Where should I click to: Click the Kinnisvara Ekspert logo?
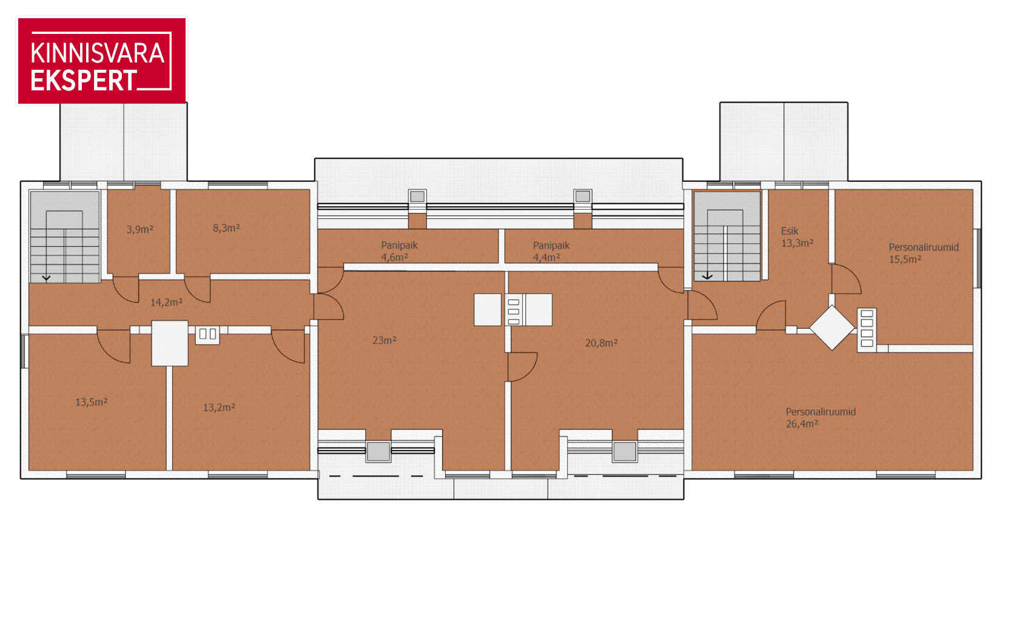(x=102, y=61)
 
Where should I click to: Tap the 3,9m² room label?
(x=140, y=229)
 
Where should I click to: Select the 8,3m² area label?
(x=226, y=228)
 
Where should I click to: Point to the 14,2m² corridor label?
(x=167, y=303)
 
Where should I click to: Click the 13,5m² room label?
(x=92, y=402)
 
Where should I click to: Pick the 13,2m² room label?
(x=219, y=408)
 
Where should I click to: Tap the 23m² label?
(x=385, y=340)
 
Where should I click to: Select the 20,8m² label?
(x=602, y=343)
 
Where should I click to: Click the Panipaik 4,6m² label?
(x=399, y=251)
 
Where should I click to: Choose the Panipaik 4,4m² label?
(x=551, y=251)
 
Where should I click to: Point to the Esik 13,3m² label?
(x=797, y=237)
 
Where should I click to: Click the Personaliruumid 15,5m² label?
(x=923, y=253)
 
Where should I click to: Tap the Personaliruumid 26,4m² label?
(x=821, y=418)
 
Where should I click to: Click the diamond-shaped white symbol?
(x=831, y=328)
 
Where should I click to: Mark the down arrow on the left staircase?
(x=46, y=278)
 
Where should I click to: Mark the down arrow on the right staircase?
(x=707, y=276)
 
